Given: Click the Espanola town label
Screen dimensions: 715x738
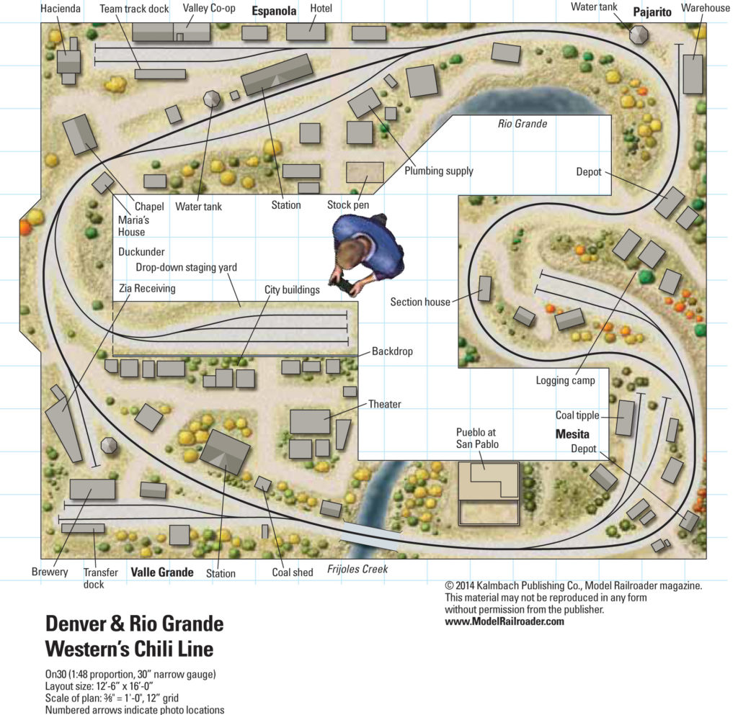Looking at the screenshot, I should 274,12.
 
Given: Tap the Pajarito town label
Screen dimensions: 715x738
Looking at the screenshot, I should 652,12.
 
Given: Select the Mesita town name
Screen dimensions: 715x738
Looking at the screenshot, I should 572,434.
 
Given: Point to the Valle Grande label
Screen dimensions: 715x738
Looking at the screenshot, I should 162,572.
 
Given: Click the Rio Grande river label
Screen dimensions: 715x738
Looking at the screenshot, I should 523,124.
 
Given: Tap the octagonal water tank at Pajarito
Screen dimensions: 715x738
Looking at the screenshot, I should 639,34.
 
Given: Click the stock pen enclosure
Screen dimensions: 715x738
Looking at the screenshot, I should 365,172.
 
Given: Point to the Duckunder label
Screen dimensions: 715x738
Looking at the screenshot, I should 141,252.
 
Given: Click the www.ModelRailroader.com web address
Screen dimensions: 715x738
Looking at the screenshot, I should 504,621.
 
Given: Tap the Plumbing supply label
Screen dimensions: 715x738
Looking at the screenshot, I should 439,171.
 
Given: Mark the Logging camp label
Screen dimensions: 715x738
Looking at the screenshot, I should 566,380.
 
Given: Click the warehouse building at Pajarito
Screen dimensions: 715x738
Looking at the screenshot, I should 693,74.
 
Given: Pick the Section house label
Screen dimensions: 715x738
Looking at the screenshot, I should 420,302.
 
